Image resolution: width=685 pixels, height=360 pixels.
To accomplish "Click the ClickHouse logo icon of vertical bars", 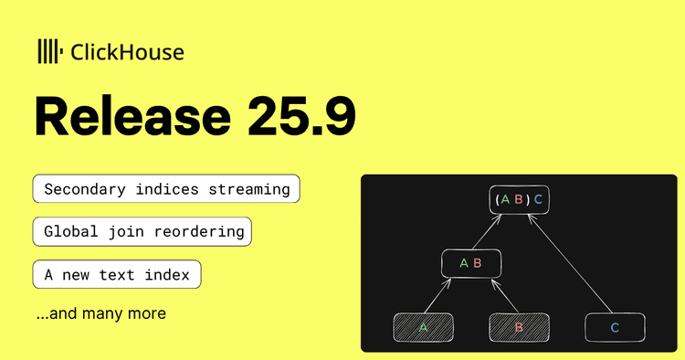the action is pos(50,51).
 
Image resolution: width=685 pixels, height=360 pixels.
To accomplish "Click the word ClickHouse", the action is pos(127,52).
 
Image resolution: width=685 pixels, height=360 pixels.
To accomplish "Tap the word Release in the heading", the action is pos(132,117).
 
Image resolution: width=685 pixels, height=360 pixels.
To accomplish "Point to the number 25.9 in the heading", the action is pos(302,117).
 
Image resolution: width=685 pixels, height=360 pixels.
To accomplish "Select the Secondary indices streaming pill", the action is pos(166,189).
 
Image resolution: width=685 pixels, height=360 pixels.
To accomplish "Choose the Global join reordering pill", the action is pos(142,231).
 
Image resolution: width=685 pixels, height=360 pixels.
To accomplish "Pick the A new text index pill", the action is pos(117,274).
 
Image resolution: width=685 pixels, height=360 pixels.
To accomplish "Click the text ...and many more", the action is pos(101,313).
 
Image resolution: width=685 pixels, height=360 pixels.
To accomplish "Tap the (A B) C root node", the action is pos(519,200).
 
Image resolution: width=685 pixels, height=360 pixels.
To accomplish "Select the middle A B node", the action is pos(471,263).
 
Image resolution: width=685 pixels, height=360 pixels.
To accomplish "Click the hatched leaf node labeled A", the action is pos(423,327).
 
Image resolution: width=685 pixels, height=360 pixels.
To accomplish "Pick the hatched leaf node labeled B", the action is pos(519,327).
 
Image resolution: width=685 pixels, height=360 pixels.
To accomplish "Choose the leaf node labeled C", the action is pos(615,327).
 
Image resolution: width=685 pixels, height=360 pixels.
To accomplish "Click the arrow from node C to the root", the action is pos(570,263).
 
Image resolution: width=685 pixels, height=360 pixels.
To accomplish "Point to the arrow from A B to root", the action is pos(487,231).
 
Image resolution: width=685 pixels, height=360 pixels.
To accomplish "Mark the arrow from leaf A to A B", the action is pos(437,295).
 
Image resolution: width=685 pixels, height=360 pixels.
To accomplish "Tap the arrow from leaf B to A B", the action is pos(504,296).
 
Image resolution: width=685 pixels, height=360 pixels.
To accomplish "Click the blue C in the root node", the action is pos(538,200).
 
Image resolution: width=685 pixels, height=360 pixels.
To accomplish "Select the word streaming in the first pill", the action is pos(249,190).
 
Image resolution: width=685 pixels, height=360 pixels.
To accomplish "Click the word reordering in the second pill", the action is pos(199,232).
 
